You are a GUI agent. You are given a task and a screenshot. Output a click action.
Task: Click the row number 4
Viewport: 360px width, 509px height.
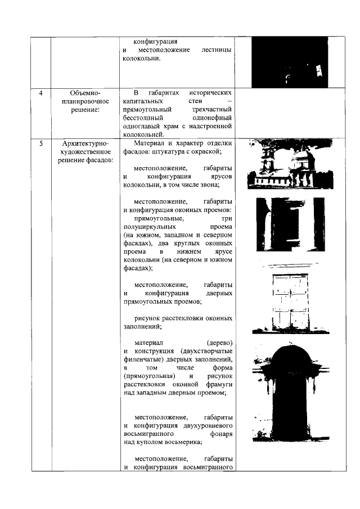tap(41, 92)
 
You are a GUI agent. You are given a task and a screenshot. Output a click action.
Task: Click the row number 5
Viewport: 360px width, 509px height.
tap(41, 143)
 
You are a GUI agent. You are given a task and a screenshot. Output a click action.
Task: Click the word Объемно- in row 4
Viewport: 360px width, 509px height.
tap(85, 92)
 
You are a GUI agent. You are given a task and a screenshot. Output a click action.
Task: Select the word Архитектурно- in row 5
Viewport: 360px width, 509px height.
tap(85, 143)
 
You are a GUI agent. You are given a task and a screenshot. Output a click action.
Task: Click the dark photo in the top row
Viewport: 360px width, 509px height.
tap(289, 62)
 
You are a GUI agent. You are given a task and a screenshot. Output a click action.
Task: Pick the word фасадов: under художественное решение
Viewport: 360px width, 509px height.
tap(85, 161)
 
